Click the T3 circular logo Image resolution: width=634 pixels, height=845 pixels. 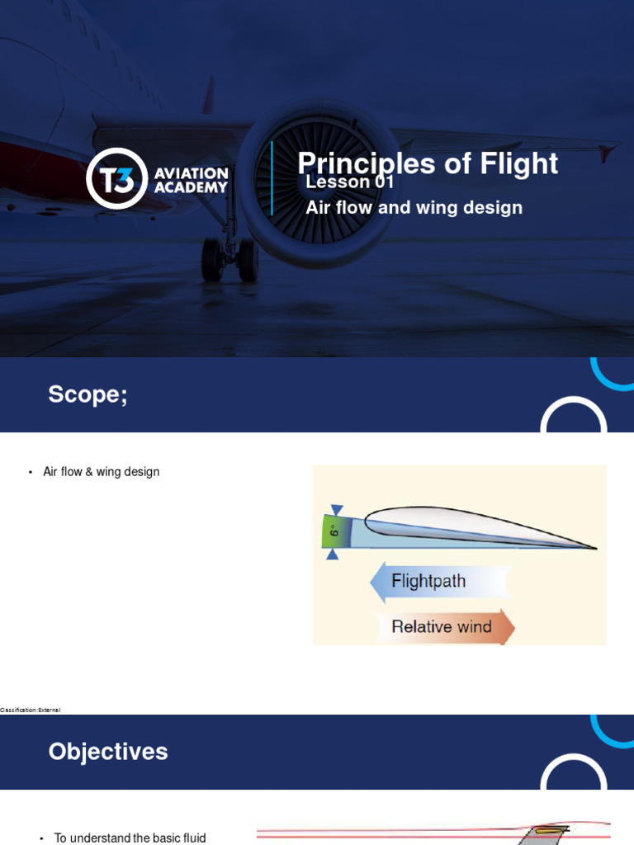pos(116,178)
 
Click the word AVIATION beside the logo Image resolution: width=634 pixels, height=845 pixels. pos(191,173)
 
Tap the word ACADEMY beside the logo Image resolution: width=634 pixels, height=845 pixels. pos(191,187)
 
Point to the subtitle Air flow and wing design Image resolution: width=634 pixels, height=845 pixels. pos(414,208)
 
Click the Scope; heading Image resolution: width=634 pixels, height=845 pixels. pos(88,394)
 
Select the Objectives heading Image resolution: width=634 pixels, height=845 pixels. pos(108,752)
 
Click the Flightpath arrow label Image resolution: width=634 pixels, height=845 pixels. pos(429,581)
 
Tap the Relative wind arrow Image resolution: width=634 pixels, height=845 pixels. pos(442,626)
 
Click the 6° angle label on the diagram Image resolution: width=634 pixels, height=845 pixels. pos(333,532)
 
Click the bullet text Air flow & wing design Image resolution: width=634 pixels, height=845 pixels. pos(101,472)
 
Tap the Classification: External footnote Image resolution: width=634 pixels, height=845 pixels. pos(31,710)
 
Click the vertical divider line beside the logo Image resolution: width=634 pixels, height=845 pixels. pos(272,178)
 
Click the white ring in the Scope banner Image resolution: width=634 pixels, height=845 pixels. pos(574,421)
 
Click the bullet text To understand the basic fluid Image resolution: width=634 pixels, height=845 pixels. pos(130,838)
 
